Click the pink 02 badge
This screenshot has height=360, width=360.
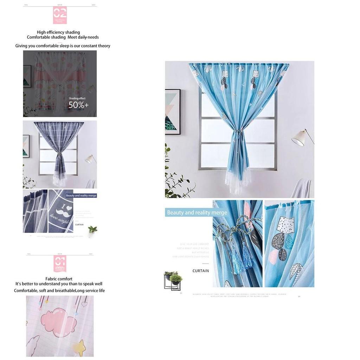point(60,15)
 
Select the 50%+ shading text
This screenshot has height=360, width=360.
point(78,105)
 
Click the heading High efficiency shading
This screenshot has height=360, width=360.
point(58,32)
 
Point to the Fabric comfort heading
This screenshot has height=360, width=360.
point(59,279)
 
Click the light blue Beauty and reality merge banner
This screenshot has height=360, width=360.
point(197,213)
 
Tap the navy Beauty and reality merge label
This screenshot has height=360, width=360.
point(81,195)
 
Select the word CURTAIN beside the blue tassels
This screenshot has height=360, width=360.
point(201,271)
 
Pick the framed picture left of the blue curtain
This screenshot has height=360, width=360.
point(172,112)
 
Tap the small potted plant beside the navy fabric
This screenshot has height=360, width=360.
point(92,230)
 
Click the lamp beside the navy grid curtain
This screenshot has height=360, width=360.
point(90,159)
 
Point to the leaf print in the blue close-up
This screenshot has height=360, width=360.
point(296,271)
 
